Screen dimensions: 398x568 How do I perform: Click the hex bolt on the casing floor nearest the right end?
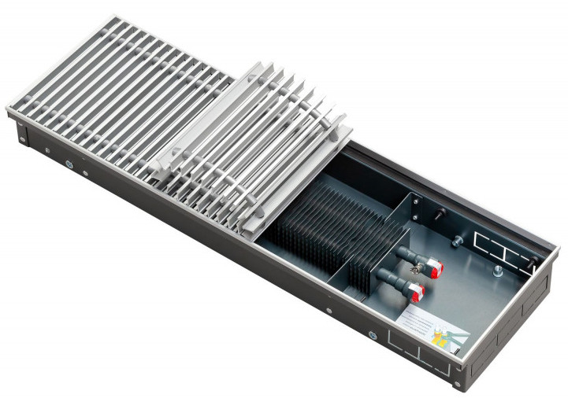[497, 272]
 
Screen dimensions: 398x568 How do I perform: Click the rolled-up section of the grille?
[260, 142]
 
